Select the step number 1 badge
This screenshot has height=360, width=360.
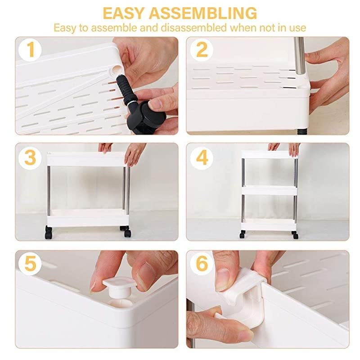coord(31,50)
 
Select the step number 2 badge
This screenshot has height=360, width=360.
coord(202,50)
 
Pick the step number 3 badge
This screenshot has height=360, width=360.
coord(31,157)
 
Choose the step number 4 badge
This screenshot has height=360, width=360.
coord(202,157)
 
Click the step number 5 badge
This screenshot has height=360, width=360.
coord(31,264)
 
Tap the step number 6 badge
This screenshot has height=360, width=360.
coord(202,264)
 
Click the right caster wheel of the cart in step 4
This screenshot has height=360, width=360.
coord(295,234)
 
